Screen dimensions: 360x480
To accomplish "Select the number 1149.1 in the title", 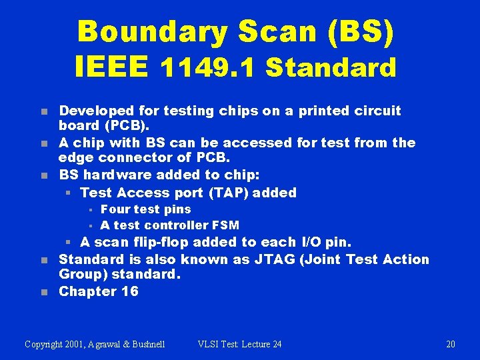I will pyautogui.click(x=210, y=67).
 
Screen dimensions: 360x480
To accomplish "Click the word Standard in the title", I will pyautogui.click(x=331, y=67).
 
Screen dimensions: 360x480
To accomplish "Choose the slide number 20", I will pyautogui.click(x=451, y=344).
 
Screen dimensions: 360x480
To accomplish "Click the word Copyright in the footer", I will pyautogui.click(x=46, y=344).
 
